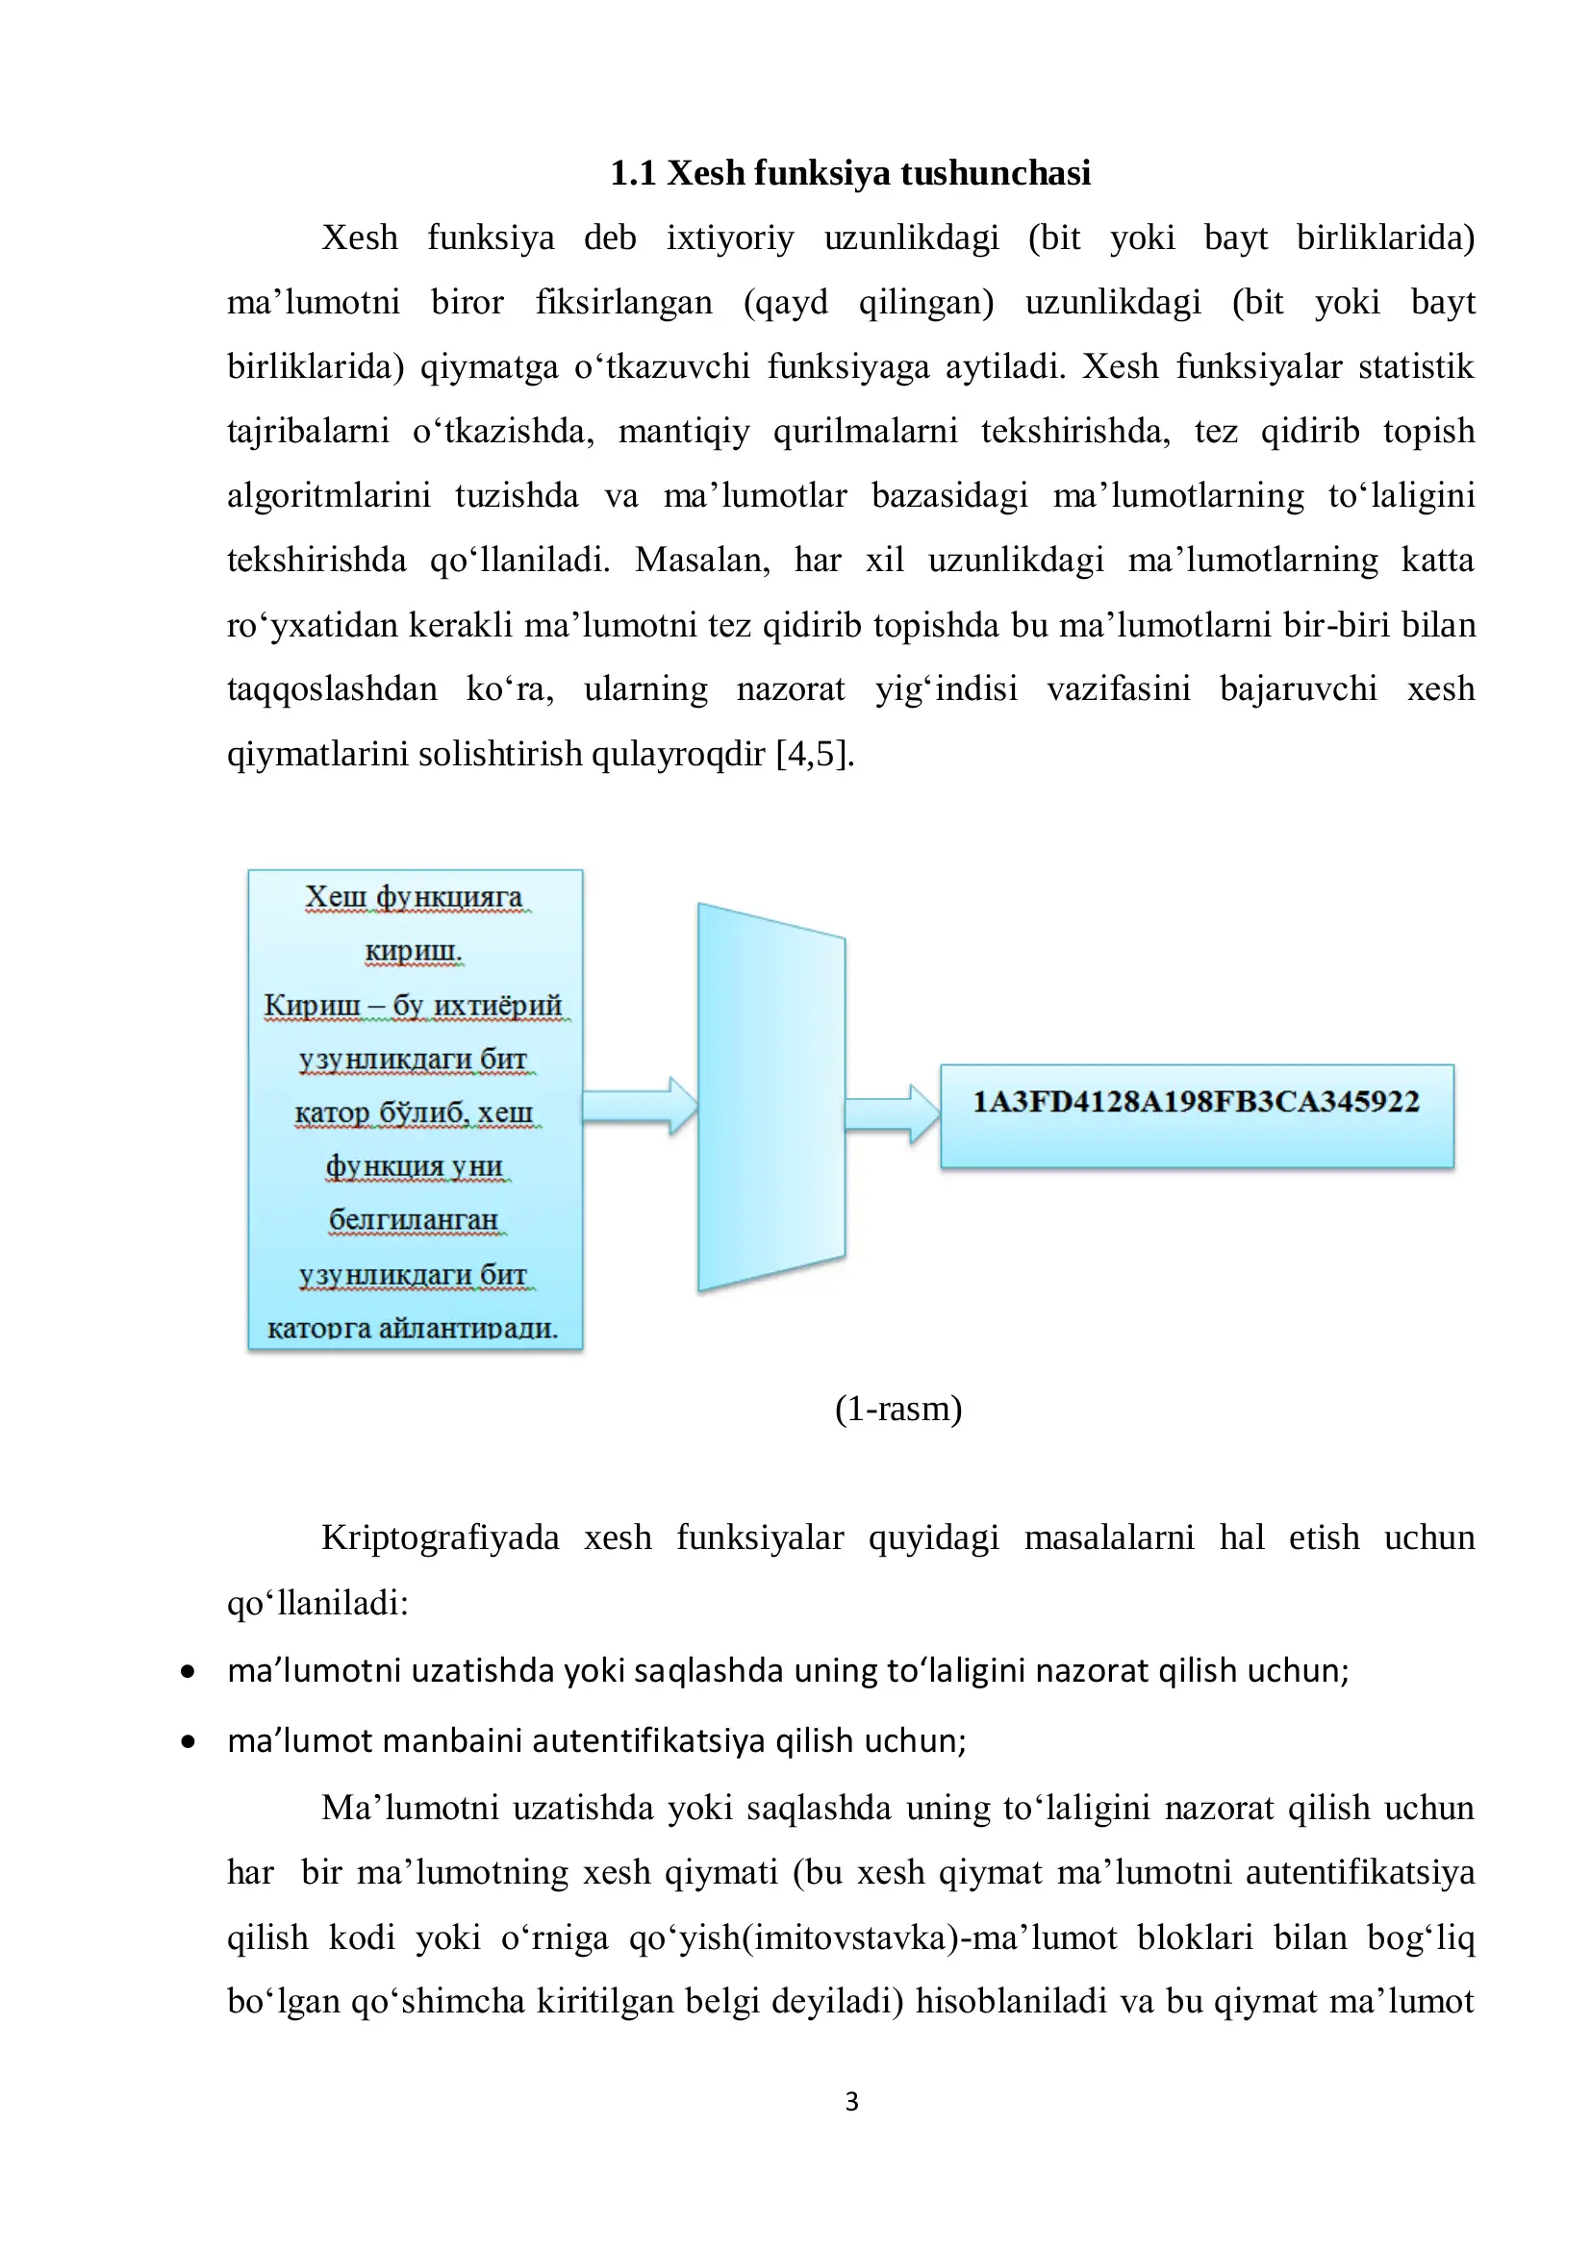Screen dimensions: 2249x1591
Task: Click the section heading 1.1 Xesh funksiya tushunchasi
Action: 849,173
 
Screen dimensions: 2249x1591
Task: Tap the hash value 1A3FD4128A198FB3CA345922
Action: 1196,1102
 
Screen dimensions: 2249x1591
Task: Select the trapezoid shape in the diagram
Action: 770,1097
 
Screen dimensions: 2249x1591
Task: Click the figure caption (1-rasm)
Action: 897,1409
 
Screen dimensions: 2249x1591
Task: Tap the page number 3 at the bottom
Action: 851,2102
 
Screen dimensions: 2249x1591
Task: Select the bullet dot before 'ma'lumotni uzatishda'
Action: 189,1672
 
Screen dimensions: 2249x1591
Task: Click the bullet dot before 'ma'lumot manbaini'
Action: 189,1741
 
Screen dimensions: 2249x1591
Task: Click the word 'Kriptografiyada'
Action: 440,1537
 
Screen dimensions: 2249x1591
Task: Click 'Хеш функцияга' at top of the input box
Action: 414,896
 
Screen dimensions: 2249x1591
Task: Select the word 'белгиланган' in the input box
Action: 414,1220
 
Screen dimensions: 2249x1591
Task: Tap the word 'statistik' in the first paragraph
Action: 1416,366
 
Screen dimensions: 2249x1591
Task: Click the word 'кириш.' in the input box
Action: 414,950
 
